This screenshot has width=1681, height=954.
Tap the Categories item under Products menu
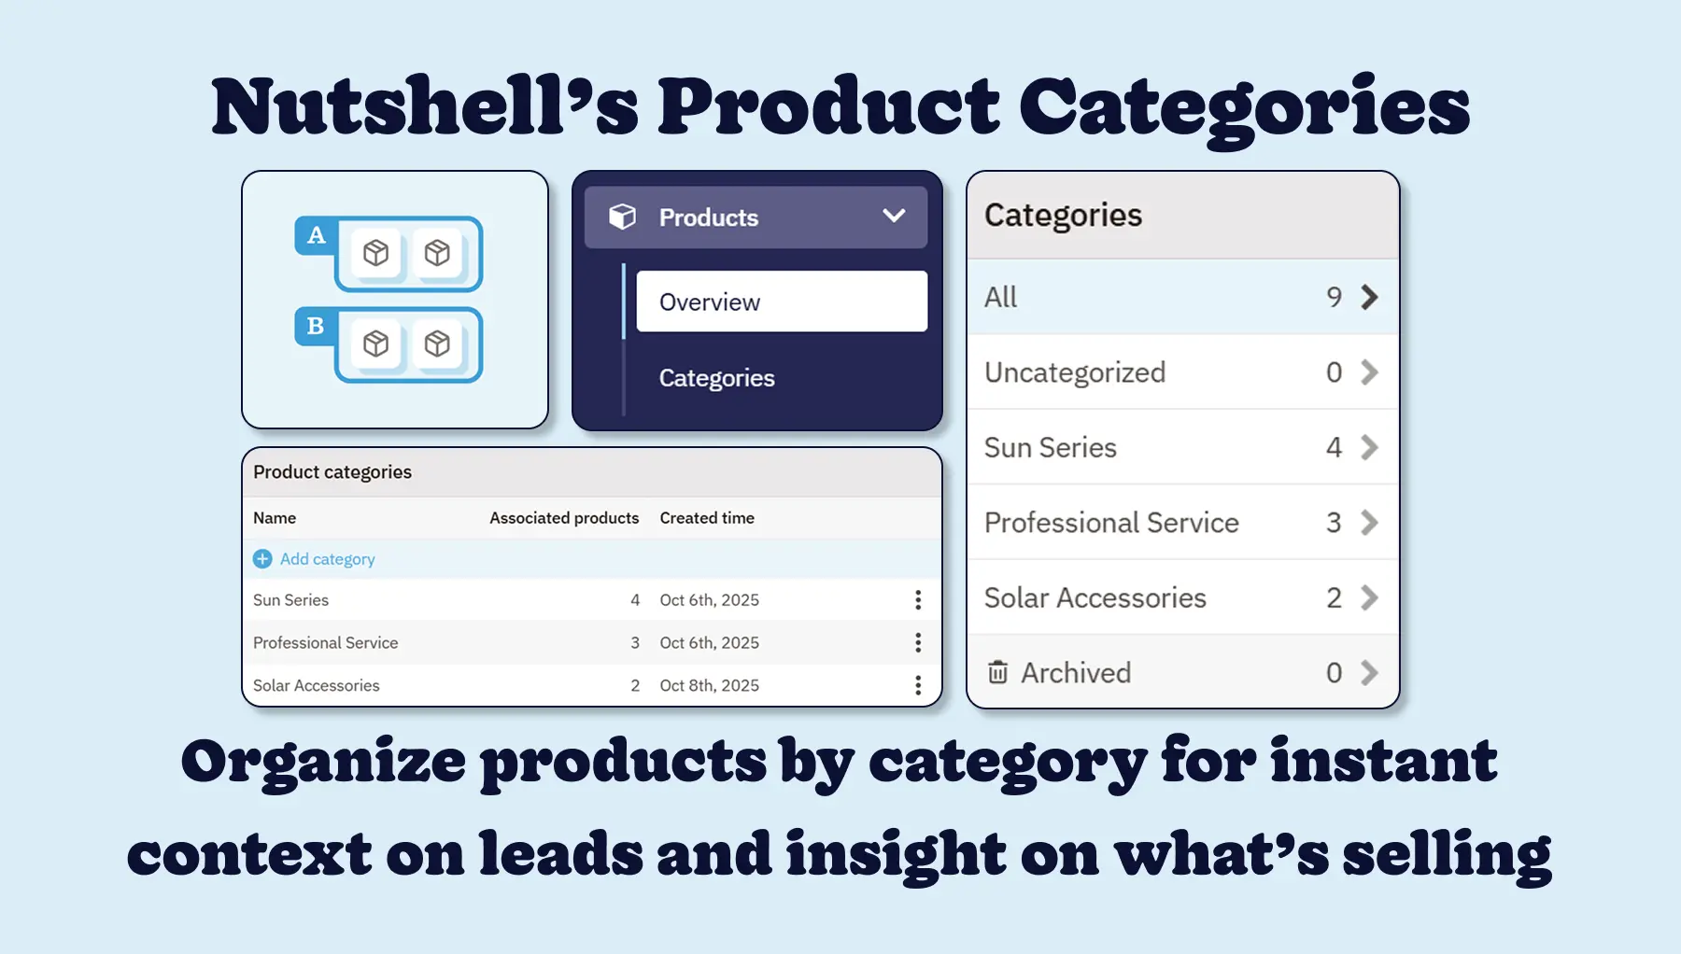[716, 378]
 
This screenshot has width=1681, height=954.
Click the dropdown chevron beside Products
[894, 217]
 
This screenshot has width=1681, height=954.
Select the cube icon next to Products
[622, 217]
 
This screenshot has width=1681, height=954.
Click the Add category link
[327, 559]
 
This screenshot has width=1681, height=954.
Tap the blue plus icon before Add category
[262, 559]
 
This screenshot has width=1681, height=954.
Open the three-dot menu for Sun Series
[918, 600]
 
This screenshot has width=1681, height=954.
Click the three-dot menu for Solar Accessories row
[918, 686]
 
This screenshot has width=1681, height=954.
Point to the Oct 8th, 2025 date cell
[709, 686]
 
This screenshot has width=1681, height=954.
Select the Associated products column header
[564, 518]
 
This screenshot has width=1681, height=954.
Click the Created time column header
[707, 518]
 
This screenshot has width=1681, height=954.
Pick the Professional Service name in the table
[325, 643]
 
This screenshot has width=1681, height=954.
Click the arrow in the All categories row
[1369, 298]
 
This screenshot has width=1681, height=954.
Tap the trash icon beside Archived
[997, 672]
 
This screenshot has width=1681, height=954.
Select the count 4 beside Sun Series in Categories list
[1334, 448]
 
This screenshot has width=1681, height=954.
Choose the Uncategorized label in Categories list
[1074, 372]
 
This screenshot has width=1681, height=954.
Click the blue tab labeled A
[317, 235]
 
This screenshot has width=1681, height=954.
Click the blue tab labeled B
[316, 326]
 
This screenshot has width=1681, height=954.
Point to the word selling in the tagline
[1447, 854]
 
